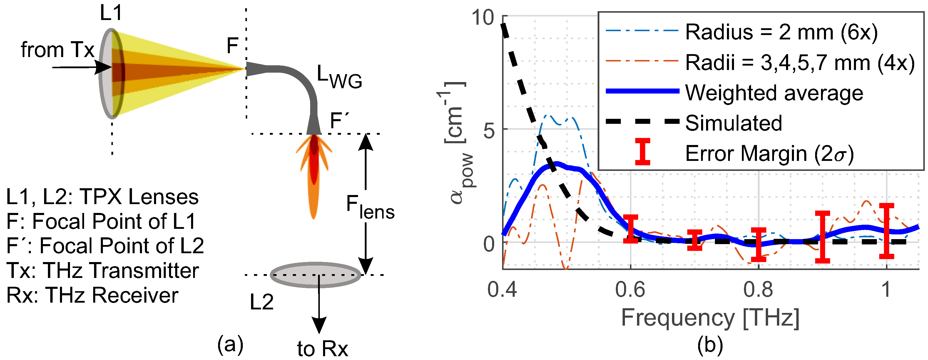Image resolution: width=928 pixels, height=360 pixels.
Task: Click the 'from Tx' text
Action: click(58, 49)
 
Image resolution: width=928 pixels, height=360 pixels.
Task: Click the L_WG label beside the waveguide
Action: click(339, 77)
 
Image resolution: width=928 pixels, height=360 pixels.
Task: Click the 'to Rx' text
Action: click(322, 349)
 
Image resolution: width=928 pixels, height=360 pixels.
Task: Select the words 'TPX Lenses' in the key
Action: click(139, 197)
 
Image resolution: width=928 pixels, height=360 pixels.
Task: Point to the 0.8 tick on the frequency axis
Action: click(758, 289)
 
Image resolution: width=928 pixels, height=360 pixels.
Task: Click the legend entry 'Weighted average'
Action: click(774, 93)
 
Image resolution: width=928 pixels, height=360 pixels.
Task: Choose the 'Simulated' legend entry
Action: click(733, 123)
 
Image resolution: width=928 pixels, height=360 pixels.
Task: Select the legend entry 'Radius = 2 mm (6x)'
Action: click(781, 32)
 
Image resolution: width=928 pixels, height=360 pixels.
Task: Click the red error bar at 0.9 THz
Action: click(822, 237)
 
